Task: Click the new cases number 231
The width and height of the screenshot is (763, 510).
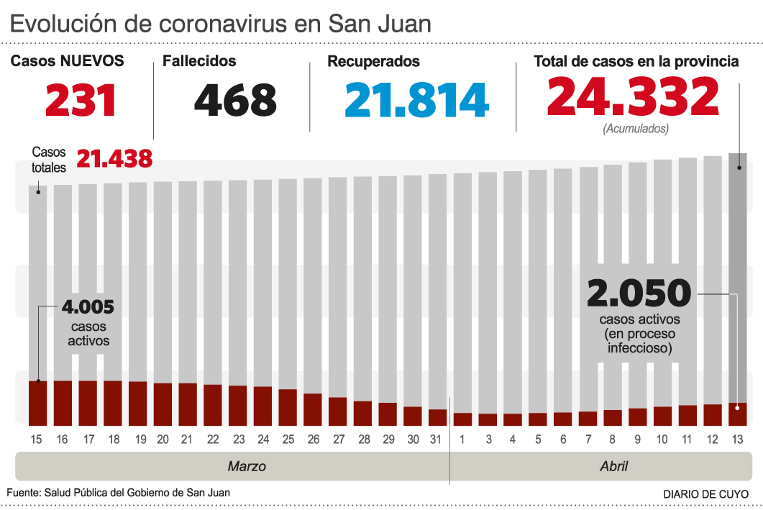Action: click(81, 100)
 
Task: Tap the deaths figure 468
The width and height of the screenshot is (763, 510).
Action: click(235, 100)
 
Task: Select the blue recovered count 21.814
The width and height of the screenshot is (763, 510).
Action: click(416, 100)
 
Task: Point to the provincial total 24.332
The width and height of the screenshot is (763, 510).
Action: click(633, 96)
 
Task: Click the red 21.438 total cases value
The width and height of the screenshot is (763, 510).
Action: click(114, 158)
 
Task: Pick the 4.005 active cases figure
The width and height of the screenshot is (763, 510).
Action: click(88, 307)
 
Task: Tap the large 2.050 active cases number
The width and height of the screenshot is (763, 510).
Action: click(639, 293)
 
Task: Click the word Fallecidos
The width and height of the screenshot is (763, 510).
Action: click(199, 61)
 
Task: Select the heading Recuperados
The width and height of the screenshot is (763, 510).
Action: click(373, 61)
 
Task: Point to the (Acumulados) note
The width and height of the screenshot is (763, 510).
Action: click(636, 129)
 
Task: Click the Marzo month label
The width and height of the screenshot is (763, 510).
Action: click(247, 466)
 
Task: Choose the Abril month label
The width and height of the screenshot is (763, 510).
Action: click(613, 466)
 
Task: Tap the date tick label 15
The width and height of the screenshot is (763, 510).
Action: click(37, 439)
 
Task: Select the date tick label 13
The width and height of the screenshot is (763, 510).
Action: click(737, 439)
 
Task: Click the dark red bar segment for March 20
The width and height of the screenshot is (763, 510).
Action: click(163, 404)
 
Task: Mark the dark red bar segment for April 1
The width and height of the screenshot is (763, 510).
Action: click(462, 419)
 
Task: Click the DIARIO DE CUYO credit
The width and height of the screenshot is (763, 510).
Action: click(705, 494)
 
